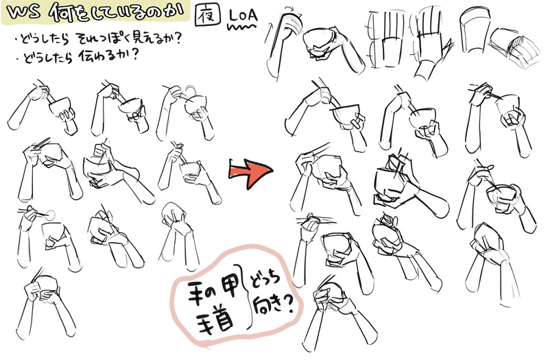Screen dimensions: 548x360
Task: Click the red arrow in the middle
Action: (x=250, y=173)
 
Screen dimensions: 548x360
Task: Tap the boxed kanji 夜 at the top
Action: (x=208, y=14)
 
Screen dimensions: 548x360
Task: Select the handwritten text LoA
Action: (x=243, y=15)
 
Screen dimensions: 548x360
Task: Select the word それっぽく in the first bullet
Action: (x=108, y=38)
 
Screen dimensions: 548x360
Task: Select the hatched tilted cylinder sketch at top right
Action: (x=514, y=49)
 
